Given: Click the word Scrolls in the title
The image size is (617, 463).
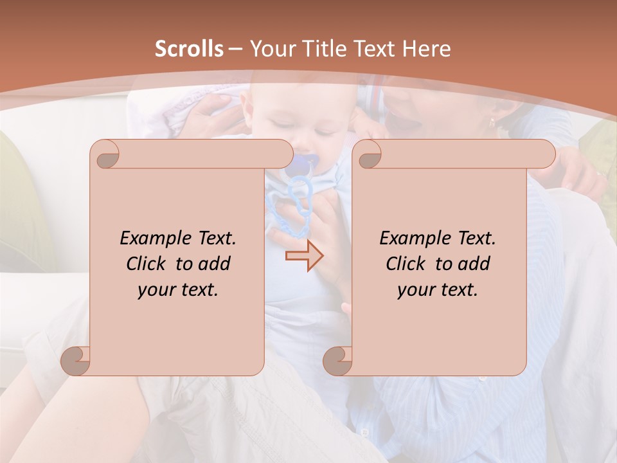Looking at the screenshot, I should pyautogui.click(x=189, y=49).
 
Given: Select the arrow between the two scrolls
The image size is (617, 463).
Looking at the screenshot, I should pyautogui.click(x=304, y=256).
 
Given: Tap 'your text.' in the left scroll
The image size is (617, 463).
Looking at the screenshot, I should pyautogui.click(x=178, y=289).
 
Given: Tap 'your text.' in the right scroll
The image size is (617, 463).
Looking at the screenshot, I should pyautogui.click(x=438, y=289).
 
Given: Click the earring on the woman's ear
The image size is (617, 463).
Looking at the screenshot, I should pyautogui.click(x=492, y=122).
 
